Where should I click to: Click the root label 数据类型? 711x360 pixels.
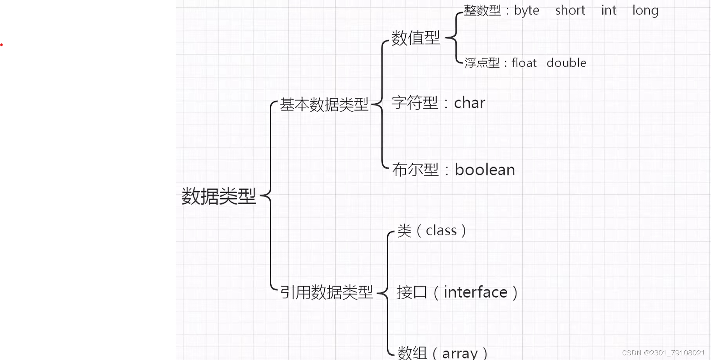pyautogui.click(x=219, y=196)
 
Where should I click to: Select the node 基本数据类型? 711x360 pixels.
pyautogui.click(x=324, y=104)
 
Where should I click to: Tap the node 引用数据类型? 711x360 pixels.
pyautogui.click(x=327, y=292)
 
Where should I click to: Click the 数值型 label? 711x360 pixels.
pyautogui.click(x=416, y=38)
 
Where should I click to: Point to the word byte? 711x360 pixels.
pyautogui.click(x=527, y=11)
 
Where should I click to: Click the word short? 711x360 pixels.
pyautogui.click(x=570, y=11)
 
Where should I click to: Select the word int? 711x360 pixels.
pyautogui.click(x=608, y=11)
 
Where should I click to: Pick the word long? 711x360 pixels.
pyautogui.click(x=645, y=11)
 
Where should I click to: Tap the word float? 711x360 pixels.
pyautogui.click(x=524, y=63)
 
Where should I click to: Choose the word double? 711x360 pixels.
pyautogui.click(x=566, y=63)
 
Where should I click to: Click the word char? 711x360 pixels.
pyautogui.click(x=470, y=103)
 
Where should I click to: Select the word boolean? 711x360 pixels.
pyautogui.click(x=485, y=170)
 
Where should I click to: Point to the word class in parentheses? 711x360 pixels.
pyautogui.click(x=441, y=231)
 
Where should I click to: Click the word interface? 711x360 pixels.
pyautogui.click(x=476, y=292)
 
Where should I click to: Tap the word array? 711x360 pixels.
pyautogui.click(x=460, y=353)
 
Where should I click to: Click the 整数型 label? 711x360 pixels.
pyautogui.click(x=482, y=11)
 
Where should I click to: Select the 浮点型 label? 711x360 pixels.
pyautogui.click(x=482, y=63)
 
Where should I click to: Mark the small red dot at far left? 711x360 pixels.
pyautogui.click(x=2, y=45)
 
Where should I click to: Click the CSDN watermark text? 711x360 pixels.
pyautogui.click(x=663, y=353)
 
